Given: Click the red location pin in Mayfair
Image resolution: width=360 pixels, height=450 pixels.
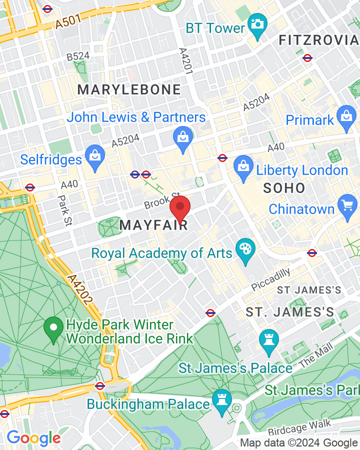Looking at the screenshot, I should pos(180,207).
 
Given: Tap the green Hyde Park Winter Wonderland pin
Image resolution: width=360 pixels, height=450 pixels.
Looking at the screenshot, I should pos(53,329).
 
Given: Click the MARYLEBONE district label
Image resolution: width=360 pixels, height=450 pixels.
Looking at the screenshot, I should pos(129,90).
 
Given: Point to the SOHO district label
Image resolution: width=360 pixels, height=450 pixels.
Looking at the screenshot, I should pos(284,188).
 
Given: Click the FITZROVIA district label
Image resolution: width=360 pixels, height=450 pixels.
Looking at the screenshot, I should pos(319,40).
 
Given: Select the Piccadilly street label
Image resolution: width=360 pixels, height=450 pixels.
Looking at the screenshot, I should pos(270,279).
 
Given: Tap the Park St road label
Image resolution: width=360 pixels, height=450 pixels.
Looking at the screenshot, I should pos(64,209).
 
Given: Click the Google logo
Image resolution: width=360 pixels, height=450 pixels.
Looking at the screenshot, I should pos(33,438).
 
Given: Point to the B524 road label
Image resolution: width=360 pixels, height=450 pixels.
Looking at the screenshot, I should pos(78,57).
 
